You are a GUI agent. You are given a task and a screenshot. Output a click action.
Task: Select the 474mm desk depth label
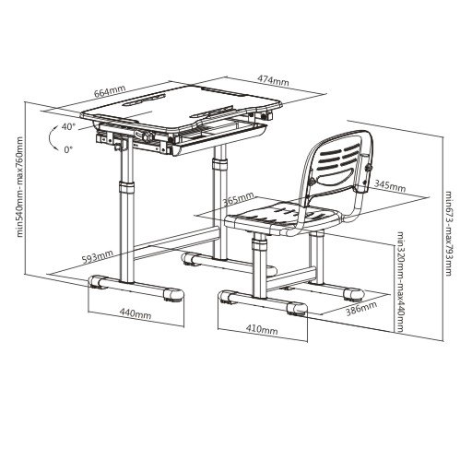[x=273, y=80]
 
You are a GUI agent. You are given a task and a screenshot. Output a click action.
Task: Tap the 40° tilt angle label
[x=68, y=126]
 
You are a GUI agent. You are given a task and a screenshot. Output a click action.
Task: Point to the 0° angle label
[x=68, y=149]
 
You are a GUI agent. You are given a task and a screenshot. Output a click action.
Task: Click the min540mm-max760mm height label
[x=19, y=186]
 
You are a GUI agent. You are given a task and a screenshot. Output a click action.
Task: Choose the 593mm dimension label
[x=98, y=256]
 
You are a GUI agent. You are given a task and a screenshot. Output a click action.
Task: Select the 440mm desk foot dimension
[x=136, y=313]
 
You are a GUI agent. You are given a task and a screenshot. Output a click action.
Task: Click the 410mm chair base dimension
[x=262, y=329]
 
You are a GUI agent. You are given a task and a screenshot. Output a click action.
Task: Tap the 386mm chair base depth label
[x=361, y=309]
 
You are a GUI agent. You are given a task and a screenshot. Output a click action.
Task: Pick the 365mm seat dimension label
[x=239, y=198]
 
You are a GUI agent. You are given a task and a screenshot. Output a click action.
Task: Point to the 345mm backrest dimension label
[x=390, y=186]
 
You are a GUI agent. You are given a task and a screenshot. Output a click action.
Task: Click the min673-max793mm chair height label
[x=449, y=233]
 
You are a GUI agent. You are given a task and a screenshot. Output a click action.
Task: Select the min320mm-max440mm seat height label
[x=400, y=281]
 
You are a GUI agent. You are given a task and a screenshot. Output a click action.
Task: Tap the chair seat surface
[x=284, y=217]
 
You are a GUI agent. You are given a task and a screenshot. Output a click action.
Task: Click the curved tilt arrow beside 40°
[x=50, y=137]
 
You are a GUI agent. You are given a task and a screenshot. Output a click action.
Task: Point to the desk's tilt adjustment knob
[x=147, y=136]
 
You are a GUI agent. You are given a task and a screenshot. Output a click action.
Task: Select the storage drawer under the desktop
[x=217, y=136]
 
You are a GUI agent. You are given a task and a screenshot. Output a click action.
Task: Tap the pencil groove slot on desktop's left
[x=145, y=100]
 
